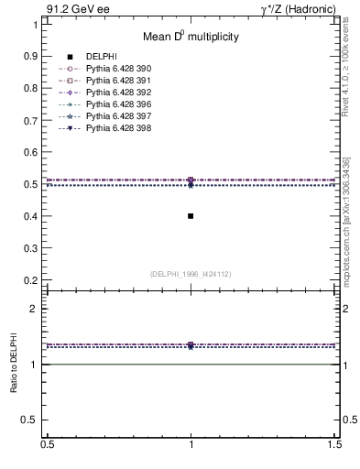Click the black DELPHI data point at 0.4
(x=191, y=216)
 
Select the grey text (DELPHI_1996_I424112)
(x=191, y=273)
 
